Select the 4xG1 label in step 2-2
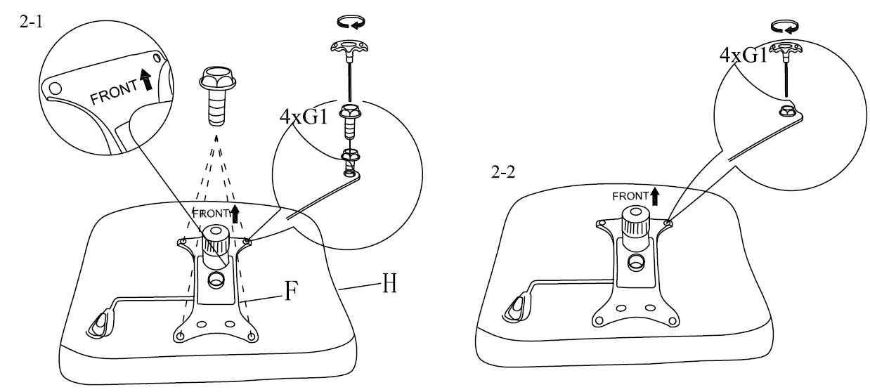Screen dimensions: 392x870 744,54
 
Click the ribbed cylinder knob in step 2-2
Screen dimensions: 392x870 635,224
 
